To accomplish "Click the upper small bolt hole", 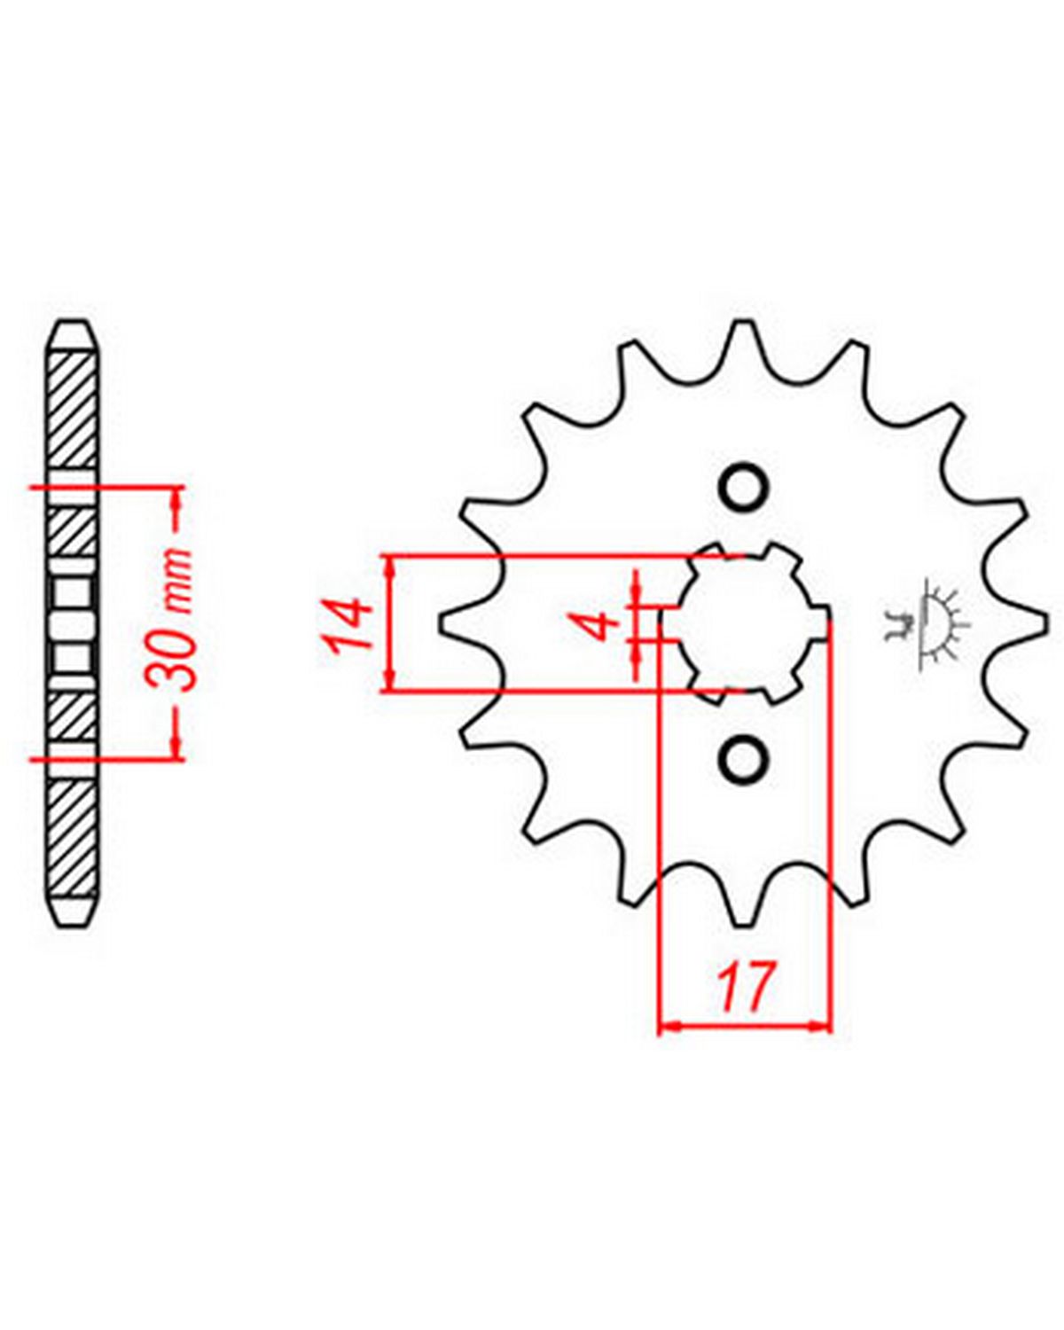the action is pos(745,487).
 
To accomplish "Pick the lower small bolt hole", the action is pos(745,759).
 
